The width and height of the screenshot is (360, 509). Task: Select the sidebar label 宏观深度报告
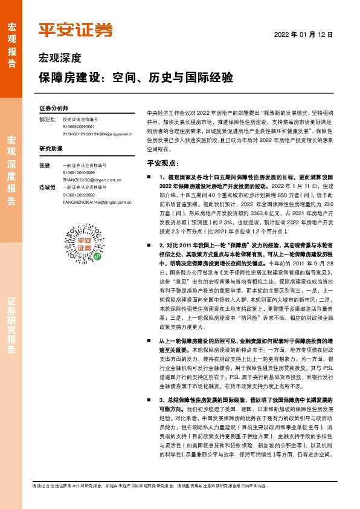pos(11,171)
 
